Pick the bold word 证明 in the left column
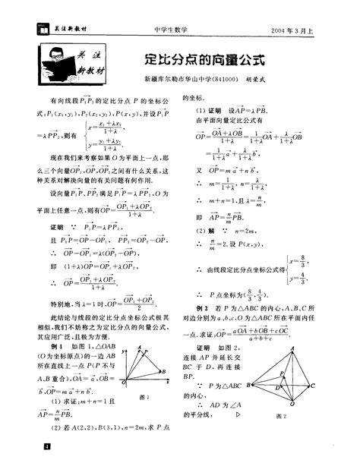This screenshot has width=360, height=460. coord(57,225)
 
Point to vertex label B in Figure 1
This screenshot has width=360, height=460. coord(165,370)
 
